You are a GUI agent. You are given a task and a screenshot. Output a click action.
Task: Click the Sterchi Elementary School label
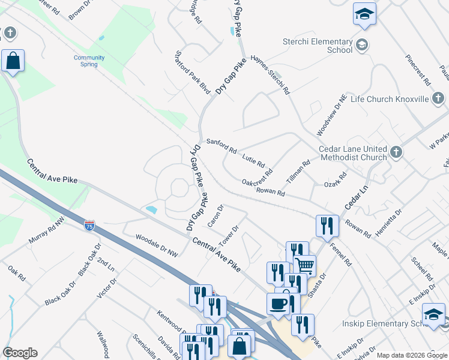[318, 46]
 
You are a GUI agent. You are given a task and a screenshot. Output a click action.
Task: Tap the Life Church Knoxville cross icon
[438, 98]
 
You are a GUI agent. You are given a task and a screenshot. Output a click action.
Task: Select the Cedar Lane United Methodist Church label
[352, 153]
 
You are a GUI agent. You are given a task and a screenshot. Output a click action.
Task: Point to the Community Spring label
[89, 61]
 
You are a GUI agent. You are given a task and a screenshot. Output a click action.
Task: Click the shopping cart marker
[305, 264]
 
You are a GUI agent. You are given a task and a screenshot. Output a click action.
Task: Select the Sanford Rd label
[221, 146]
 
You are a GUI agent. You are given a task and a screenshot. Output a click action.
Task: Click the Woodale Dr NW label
[157, 245]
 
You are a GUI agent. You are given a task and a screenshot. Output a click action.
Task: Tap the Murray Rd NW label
[47, 231]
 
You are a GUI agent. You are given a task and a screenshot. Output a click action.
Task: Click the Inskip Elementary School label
[389, 324]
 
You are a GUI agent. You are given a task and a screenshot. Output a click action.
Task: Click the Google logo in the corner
[20, 353]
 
